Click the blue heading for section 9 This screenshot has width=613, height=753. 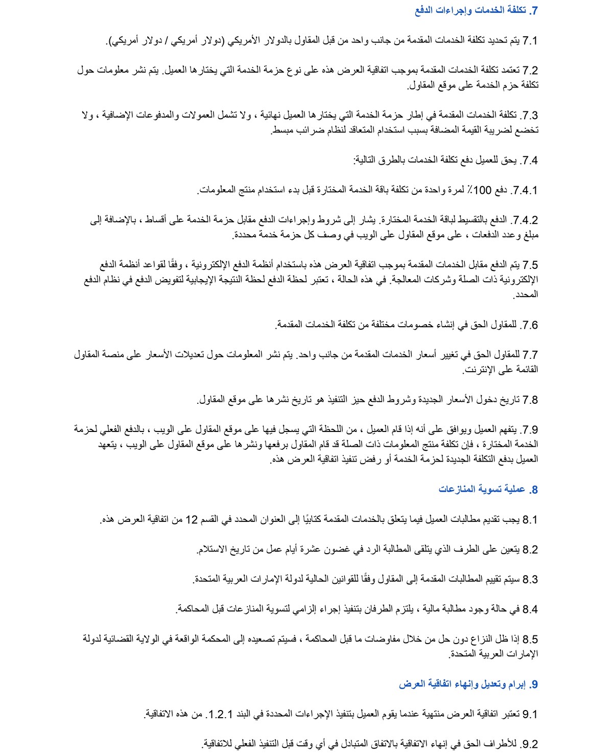point(468,684)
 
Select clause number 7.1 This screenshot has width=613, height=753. point(530,40)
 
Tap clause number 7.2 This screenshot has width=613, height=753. point(530,70)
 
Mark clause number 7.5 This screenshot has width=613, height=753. point(530,265)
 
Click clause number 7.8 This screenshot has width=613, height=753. point(530,399)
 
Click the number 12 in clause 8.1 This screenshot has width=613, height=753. point(191,519)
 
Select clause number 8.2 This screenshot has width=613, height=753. point(530,550)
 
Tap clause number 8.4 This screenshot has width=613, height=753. point(530,609)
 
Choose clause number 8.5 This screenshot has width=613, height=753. point(530,639)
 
